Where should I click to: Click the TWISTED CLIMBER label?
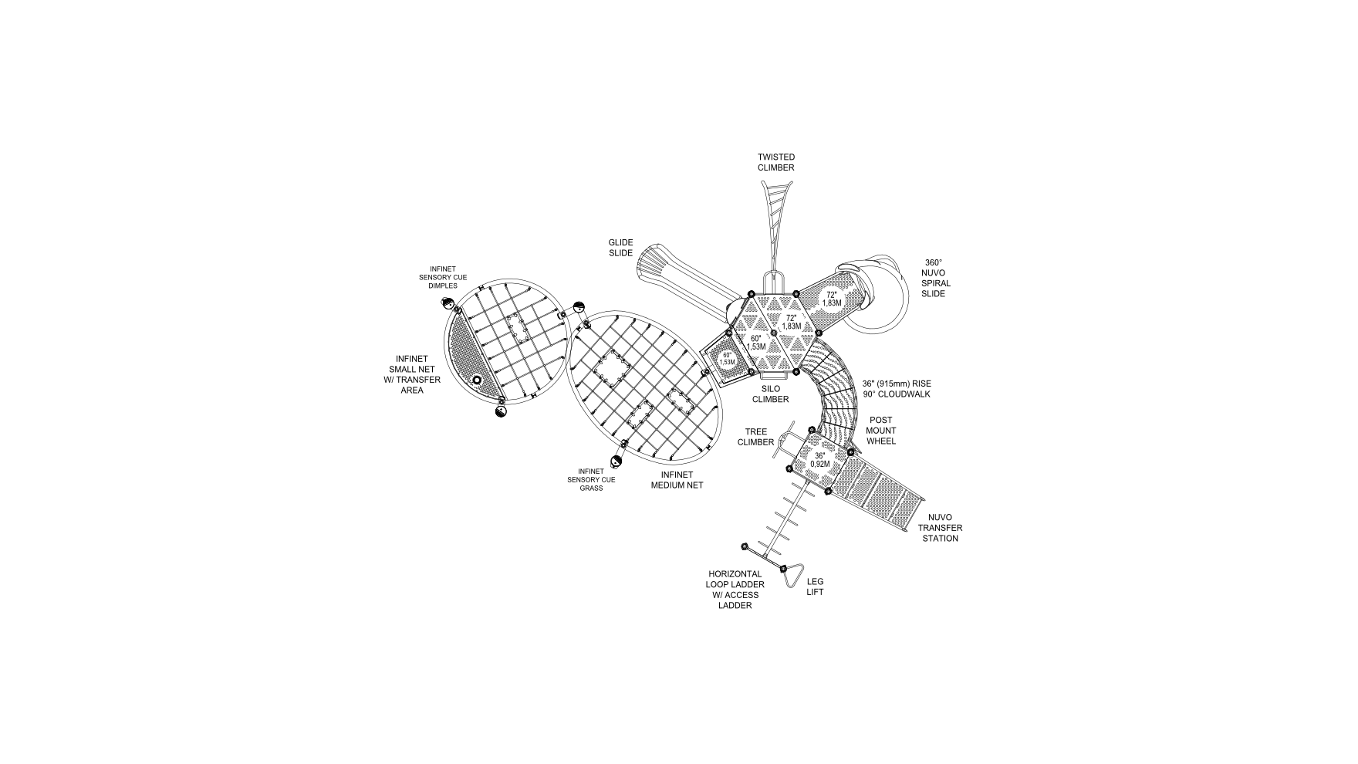(x=775, y=162)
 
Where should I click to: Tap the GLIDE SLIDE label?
(x=620, y=248)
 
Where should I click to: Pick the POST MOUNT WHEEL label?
(x=881, y=431)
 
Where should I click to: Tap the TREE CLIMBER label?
(x=755, y=437)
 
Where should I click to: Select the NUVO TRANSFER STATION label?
(x=940, y=528)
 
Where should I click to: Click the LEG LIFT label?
(x=815, y=587)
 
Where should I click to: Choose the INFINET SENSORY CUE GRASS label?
(x=591, y=479)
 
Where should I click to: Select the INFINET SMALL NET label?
(x=412, y=374)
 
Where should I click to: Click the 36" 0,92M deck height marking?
(x=819, y=460)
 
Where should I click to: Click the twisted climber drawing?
(x=775, y=216)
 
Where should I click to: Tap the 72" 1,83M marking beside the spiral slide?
(x=831, y=299)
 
